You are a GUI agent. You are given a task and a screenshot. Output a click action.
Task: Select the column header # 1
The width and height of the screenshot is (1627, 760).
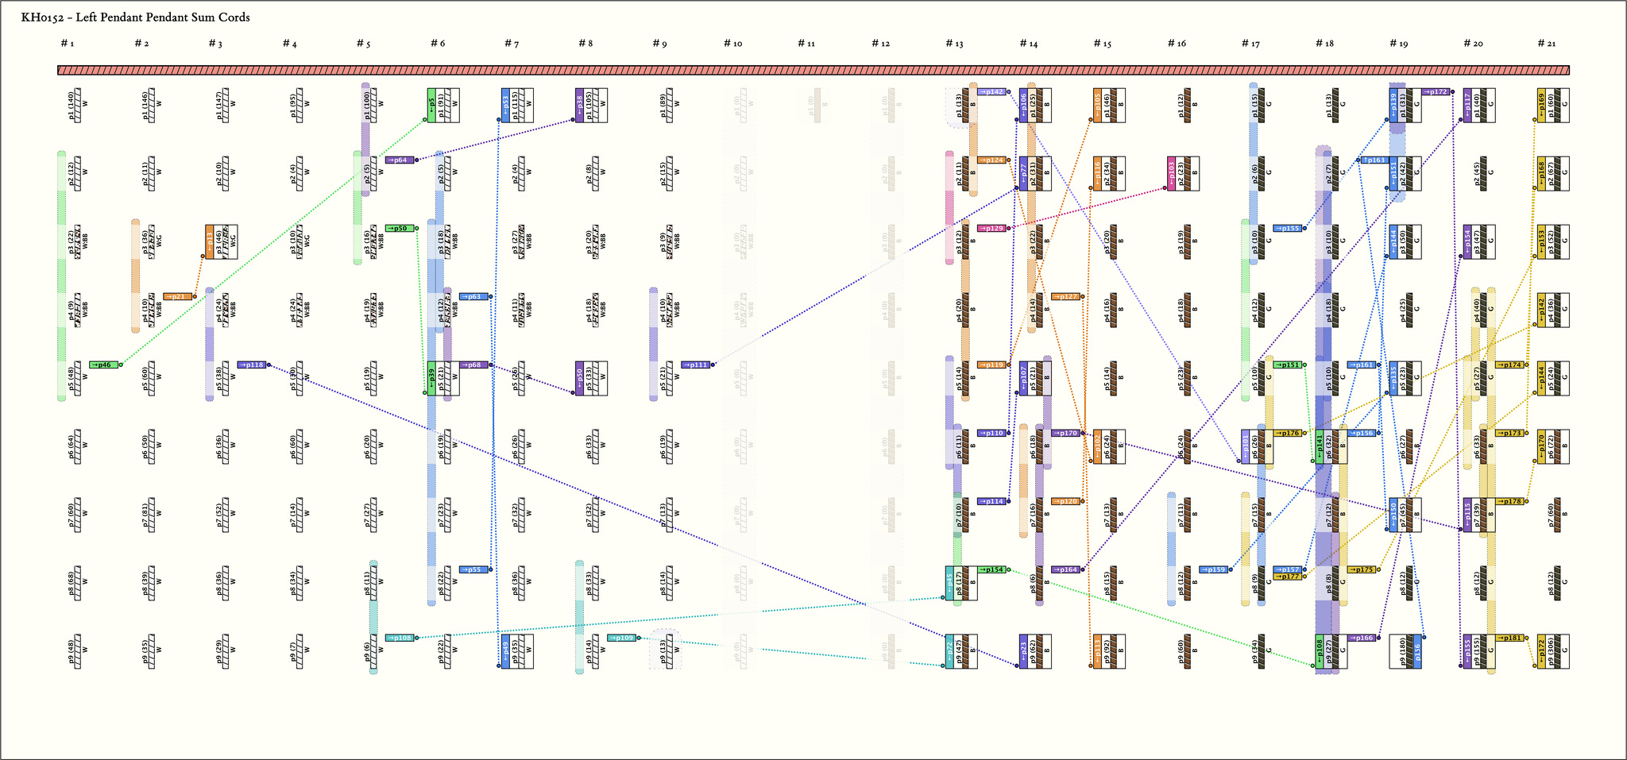click(x=68, y=44)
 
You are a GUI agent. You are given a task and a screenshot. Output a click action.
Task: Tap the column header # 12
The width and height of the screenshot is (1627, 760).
click(x=881, y=44)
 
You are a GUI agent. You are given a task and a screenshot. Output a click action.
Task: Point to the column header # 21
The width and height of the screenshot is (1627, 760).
click(x=1547, y=44)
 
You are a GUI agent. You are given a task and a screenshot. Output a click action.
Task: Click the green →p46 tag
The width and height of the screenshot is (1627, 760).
click(x=104, y=365)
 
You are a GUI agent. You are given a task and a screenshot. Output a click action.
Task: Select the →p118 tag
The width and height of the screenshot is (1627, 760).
click(x=253, y=365)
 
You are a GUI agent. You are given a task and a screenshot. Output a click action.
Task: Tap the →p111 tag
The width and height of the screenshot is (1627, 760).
click(x=696, y=365)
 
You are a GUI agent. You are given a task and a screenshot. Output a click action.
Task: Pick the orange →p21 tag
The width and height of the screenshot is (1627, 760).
click(x=178, y=296)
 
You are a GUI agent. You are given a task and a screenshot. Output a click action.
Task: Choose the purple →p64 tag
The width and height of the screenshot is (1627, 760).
click(x=400, y=160)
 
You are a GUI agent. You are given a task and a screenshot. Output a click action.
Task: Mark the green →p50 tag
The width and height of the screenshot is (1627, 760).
click(x=400, y=228)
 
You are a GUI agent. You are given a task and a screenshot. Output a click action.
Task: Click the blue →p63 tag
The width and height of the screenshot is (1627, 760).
click(x=473, y=296)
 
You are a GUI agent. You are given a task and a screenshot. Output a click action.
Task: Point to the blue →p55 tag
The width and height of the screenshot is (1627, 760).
click(x=473, y=569)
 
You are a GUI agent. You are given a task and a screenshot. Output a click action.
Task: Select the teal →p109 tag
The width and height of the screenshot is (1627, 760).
click(x=622, y=638)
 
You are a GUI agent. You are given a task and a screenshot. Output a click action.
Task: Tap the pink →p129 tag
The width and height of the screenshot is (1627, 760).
click(x=991, y=228)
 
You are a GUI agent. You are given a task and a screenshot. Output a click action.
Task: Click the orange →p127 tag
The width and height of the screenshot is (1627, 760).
click(x=1065, y=296)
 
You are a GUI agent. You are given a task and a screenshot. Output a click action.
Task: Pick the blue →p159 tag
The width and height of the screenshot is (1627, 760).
click(x=1213, y=569)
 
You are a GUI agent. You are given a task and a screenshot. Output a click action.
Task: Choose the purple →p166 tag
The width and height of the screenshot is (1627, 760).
click(x=1361, y=638)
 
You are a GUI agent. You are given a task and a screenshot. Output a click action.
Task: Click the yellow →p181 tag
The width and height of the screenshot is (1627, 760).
click(x=1509, y=638)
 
